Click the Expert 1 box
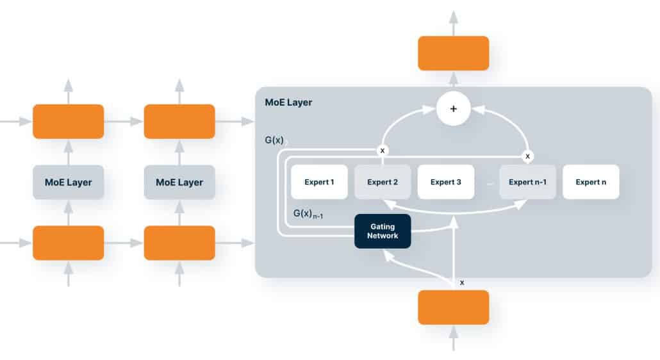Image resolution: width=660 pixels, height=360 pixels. pyautogui.click(x=319, y=182)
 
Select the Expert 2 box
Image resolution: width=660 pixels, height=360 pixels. pyautogui.click(x=383, y=182)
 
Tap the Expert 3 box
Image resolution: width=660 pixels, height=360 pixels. pyautogui.click(x=446, y=182)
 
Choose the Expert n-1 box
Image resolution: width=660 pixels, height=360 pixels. pyautogui.click(x=527, y=182)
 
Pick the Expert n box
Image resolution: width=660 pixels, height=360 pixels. pyautogui.click(x=591, y=182)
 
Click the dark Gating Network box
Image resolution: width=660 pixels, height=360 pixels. pyautogui.click(x=383, y=231)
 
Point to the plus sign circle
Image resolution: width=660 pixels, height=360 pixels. pyautogui.click(x=454, y=109)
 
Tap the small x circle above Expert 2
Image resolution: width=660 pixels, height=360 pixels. pyautogui.click(x=383, y=150)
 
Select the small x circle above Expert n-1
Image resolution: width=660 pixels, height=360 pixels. pyautogui.click(x=527, y=156)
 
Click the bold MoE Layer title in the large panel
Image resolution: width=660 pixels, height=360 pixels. pyautogui.click(x=288, y=102)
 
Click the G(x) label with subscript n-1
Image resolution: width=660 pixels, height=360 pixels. pyautogui.click(x=308, y=213)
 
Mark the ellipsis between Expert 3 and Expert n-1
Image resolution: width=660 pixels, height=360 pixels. pyautogui.click(x=490, y=183)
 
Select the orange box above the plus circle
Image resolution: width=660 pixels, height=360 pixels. pyautogui.click(x=454, y=53)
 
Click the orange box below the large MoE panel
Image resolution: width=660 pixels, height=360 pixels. pyautogui.click(x=454, y=307)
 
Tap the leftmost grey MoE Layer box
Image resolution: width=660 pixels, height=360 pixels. pyautogui.click(x=69, y=183)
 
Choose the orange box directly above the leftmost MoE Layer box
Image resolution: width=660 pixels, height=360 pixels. pyautogui.click(x=69, y=122)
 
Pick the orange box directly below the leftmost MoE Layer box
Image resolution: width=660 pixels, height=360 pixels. pyautogui.click(x=69, y=243)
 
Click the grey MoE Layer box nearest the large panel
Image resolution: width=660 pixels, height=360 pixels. pyautogui.click(x=179, y=183)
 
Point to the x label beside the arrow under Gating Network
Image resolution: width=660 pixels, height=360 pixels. pyautogui.click(x=462, y=282)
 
